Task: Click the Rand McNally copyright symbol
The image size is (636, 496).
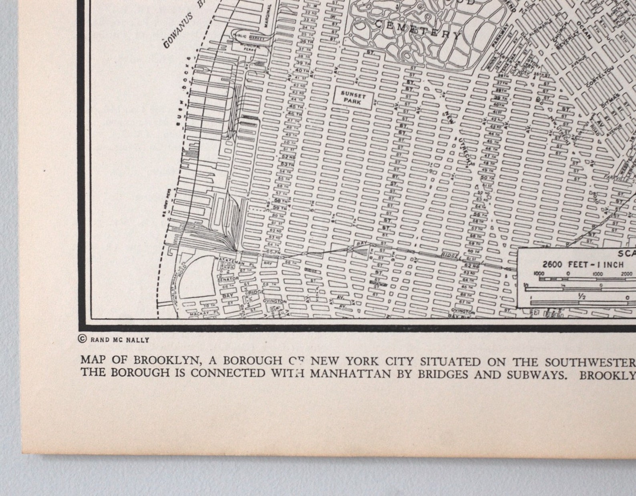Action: [x=83, y=339]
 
